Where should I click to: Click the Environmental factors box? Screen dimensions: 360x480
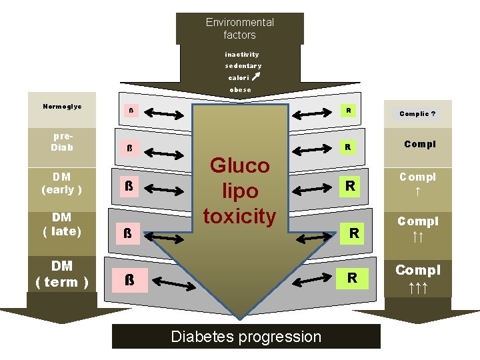point(239,29)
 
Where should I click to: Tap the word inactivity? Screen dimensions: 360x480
point(241,54)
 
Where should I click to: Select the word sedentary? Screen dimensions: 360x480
point(243,66)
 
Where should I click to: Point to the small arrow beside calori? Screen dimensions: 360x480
point(257,77)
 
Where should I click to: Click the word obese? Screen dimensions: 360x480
point(240,89)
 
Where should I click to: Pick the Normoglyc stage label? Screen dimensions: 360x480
point(62,107)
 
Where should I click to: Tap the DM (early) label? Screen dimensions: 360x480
point(62,183)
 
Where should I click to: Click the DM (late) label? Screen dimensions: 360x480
point(62,224)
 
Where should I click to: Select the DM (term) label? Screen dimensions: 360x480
point(62,274)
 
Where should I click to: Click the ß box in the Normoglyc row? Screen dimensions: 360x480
point(131,111)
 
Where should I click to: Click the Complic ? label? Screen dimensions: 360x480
point(417,114)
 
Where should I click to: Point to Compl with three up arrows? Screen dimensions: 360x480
point(418,278)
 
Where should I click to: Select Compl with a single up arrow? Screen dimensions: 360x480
point(417,183)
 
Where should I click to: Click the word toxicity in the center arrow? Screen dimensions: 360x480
point(239,216)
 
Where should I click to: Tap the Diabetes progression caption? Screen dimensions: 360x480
point(246,337)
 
